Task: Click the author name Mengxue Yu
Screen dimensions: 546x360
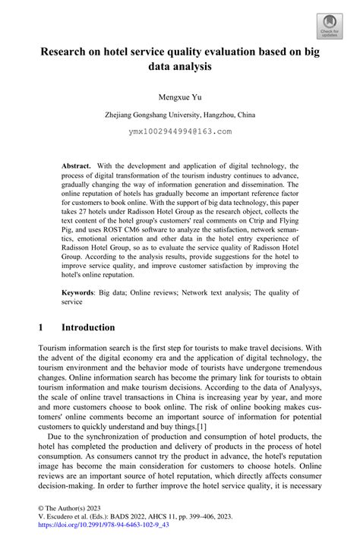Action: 179,98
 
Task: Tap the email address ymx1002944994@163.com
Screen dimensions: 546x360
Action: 179,131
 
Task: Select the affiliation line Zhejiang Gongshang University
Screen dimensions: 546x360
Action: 179,115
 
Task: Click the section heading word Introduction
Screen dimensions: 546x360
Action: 88,327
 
